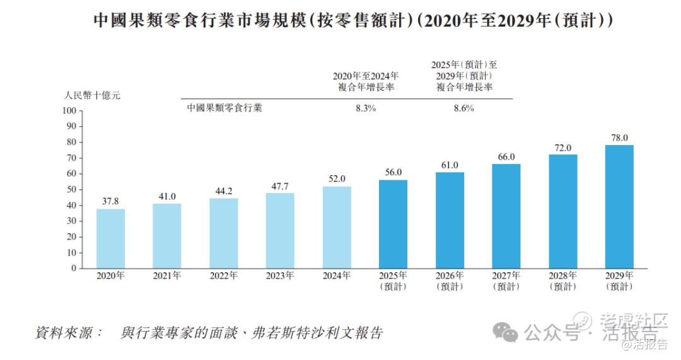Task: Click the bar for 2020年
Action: (x=110, y=238)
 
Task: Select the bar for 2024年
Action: (x=337, y=227)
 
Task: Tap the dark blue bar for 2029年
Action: (x=619, y=206)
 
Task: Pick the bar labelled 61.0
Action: (x=450, y=220)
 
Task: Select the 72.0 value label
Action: (x=562, y=148)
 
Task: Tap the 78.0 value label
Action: (x=619, y=137)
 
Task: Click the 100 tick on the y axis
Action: (x=69, y=111)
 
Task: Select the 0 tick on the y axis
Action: (x=74, y=269)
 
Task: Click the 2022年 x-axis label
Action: (x=223, y=276)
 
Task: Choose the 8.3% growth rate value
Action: (x=366, y=108)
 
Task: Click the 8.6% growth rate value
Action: (x=464, y=108)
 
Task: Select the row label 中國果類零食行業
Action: (x=224, y=108)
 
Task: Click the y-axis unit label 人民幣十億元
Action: (x=92, y=96)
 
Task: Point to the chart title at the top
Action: (x=340, y=21)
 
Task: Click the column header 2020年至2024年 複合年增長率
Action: (x=366, y=82)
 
